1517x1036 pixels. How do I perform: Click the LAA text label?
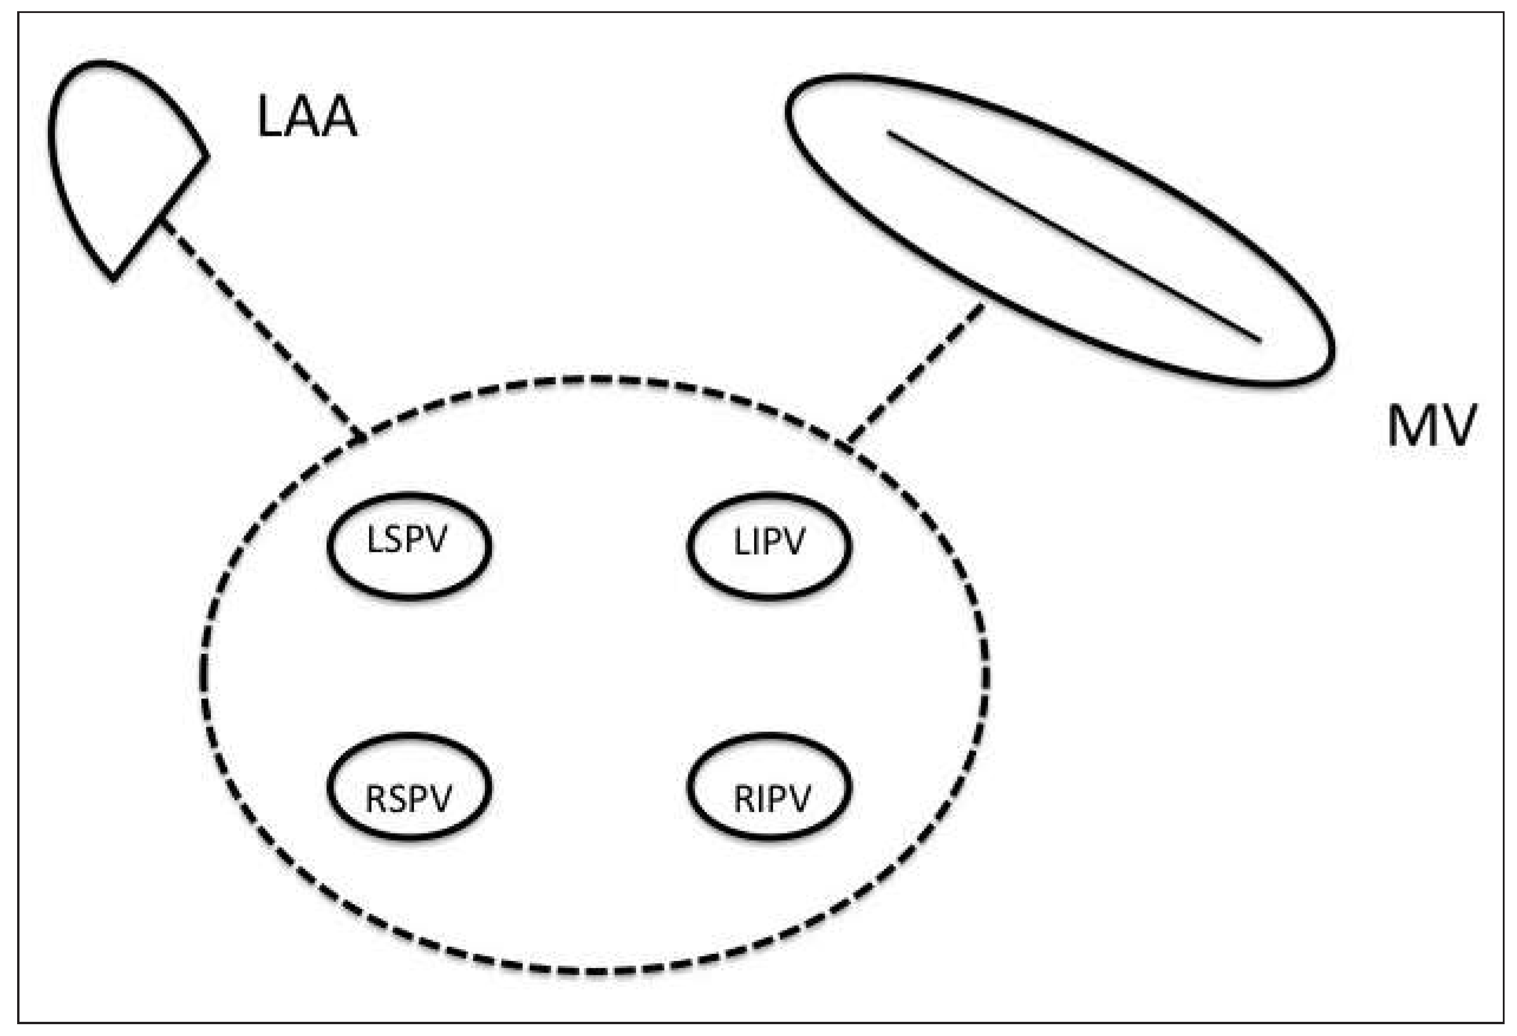coord(307,118)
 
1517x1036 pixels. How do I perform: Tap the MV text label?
coord(1431,426)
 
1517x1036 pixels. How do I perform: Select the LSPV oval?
coord(409,545)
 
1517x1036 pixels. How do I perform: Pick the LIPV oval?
coord(769,545)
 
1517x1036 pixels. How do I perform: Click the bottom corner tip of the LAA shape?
coord(113,279)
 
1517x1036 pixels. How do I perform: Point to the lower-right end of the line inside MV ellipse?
coord(1258,340)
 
